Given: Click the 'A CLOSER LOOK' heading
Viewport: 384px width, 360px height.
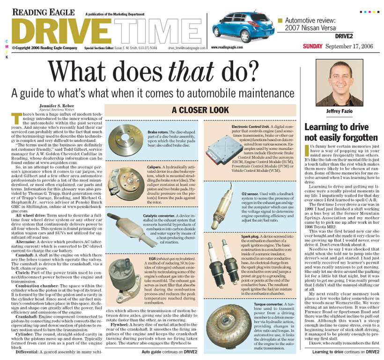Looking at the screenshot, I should click(x=200, y=110).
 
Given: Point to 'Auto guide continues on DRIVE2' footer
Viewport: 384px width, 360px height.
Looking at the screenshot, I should click(x=169, y=351).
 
